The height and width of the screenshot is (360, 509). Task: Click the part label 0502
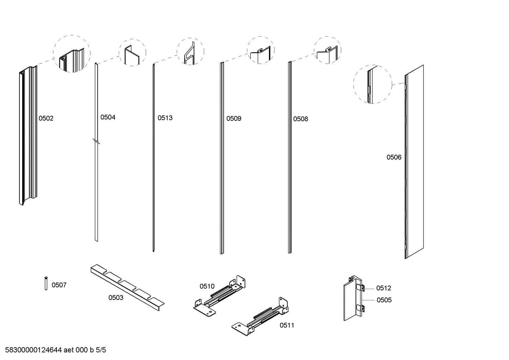[46, 118]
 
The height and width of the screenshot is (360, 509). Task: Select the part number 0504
[108, 117]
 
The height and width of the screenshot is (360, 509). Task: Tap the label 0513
[165, 118]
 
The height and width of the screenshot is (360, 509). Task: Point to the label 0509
[234, 119]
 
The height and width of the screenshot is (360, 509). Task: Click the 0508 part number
[300, 119]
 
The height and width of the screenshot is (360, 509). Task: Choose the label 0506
[394, 158]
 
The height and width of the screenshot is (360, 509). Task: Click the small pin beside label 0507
[46, 283]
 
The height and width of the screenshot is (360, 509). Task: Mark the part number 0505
[384, 300]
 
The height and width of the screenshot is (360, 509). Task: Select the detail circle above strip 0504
[132, 52]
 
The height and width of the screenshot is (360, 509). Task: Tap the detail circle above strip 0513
[190, 52]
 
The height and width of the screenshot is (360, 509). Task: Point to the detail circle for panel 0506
[373, 84]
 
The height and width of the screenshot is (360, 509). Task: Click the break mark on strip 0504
[96, 142]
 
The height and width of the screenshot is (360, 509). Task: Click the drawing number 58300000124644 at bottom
[31, 350]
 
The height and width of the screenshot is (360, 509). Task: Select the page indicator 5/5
[101, 350]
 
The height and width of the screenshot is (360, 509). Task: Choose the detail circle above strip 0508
[327, 50]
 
